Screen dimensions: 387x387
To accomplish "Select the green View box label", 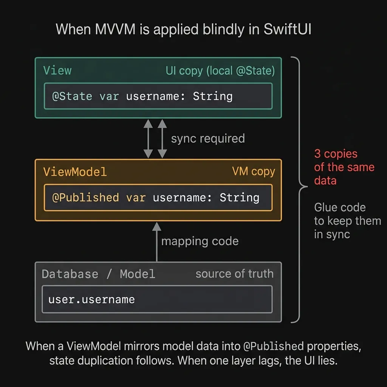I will point(57,70).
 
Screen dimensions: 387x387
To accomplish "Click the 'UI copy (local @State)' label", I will point(220,71).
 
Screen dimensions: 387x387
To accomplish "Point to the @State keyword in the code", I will point(72,96).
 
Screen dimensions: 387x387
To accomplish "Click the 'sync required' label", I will point(207,138).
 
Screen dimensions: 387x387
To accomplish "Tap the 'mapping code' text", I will point(200,241).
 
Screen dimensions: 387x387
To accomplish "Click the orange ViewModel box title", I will point(75,172).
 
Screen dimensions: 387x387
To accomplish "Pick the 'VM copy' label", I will point(253,172).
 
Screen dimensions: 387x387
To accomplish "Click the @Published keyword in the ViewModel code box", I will point(85,197).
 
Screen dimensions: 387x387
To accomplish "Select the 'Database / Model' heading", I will point(98,274).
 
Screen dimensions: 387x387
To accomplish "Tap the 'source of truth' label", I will point(234,274).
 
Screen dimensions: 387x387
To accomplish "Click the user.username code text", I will point(91,299).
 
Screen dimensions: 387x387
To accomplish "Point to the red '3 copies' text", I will point(336,154).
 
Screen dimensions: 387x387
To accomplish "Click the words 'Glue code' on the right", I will point(339,207).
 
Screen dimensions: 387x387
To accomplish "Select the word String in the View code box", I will point(212,96).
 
